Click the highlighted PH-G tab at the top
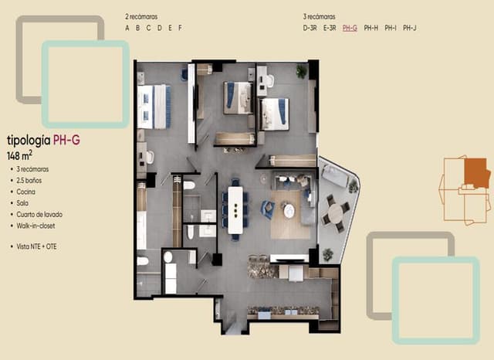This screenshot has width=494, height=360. tap(350, 28)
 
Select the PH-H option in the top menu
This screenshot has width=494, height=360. tap(370, 28)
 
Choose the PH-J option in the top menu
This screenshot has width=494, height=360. tap(410, 28)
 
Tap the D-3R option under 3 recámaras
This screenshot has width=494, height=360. tap(310, 28)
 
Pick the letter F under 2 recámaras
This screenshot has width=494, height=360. tap(180, 28)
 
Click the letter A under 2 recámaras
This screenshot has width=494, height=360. tap(127, 28)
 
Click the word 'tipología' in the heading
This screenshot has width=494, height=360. tap(28, 141)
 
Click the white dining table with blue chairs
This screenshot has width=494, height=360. tap(235, 209)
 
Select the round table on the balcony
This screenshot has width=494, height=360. tap(334, 212)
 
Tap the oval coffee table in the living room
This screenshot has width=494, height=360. tap(289, 210)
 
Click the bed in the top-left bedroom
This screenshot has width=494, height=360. tap(154, 106)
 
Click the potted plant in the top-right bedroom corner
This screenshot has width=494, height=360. tap(300, 71)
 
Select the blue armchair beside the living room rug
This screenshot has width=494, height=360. tap(267, 209)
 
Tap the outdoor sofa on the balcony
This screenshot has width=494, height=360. tap(336, 177)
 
